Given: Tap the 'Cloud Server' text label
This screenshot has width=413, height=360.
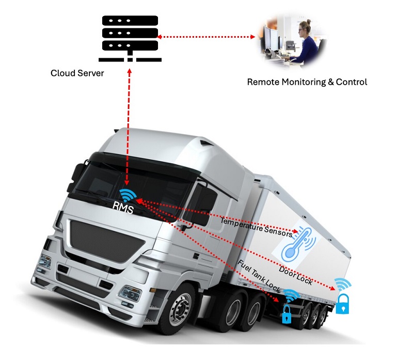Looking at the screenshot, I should (x=77, y=73).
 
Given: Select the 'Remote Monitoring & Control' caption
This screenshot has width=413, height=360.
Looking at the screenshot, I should (x=307, y=82).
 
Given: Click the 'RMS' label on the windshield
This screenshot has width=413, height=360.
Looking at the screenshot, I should (x=123, y=209).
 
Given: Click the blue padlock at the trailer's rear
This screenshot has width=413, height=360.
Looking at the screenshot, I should (x=343, y=304).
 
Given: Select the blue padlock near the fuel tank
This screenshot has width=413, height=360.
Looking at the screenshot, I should (x=287, y=314).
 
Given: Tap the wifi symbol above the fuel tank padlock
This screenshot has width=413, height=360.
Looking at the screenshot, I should (x=291, y=296).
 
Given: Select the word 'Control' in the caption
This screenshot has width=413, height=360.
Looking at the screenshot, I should (x=352, y=82).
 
